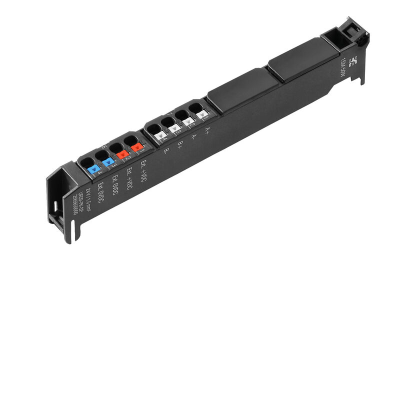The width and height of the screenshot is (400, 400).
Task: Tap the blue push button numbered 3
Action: pyautogui.click(x=108, y=161)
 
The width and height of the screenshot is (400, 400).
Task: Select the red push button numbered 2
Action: pyautogui.click(x=122, y=154)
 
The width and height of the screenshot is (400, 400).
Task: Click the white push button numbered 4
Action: pyautogui.click(x=160, y=135)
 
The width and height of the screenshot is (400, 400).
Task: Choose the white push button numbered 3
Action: pyautogui.click(x=174, y=128)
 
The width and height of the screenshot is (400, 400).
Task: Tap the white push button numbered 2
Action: pyautogui.click(x=188, y=121)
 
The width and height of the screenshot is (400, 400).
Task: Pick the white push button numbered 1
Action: pyautogui.click(x=202, y=114)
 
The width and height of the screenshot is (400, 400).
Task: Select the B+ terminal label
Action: pyautogui.click(x=180, y=144)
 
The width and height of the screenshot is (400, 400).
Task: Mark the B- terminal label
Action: pyautogui.click(x=166, y=151)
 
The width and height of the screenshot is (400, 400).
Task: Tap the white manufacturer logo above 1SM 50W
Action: pyautogui.click(x=354, y=61)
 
